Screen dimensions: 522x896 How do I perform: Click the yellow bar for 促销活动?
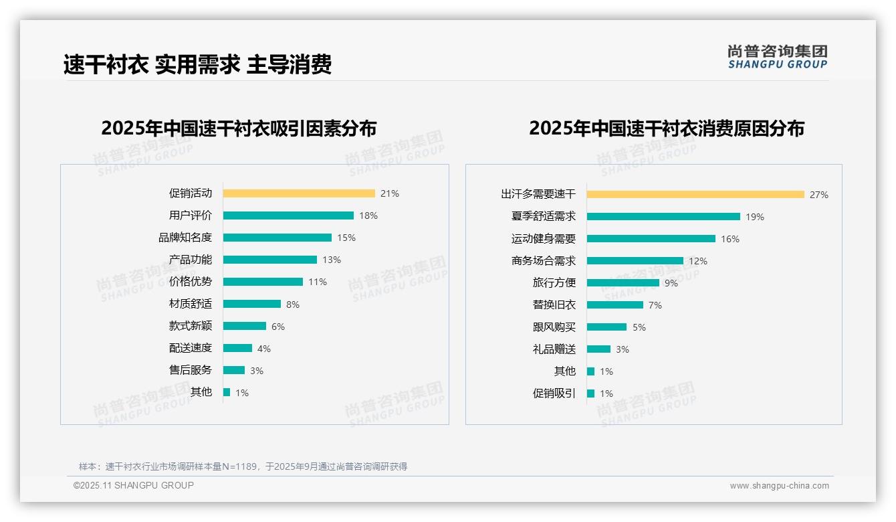[299, 193]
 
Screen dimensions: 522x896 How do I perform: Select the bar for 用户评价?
[288, 215]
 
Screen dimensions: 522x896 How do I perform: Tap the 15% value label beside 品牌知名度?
[346, 238]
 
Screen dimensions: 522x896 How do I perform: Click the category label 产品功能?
[191, 260]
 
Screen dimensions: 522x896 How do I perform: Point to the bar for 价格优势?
[263, 282]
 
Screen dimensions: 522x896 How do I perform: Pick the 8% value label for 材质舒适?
[293, 304]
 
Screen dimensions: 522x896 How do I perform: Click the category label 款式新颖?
[191, 326]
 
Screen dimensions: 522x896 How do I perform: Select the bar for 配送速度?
[237, 348]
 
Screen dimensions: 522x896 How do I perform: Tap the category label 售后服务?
[191, 370]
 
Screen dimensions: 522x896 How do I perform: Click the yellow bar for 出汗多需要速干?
[695, 195]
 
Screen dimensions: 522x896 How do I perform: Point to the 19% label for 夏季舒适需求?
[755, 217]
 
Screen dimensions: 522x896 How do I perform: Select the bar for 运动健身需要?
[651, 239]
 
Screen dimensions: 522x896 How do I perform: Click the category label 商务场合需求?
[544, 261]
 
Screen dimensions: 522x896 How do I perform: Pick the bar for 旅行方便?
[623, 283]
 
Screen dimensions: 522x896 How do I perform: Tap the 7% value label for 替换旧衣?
[655, 305]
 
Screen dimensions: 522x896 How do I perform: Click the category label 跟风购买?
[554, 327]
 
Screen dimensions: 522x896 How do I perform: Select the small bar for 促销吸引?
[591, 394]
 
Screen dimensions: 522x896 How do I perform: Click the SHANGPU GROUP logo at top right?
[778, 57]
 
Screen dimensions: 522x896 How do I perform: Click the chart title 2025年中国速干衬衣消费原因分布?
[667, 128]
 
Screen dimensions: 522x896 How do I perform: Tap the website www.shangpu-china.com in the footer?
[779, 486]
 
